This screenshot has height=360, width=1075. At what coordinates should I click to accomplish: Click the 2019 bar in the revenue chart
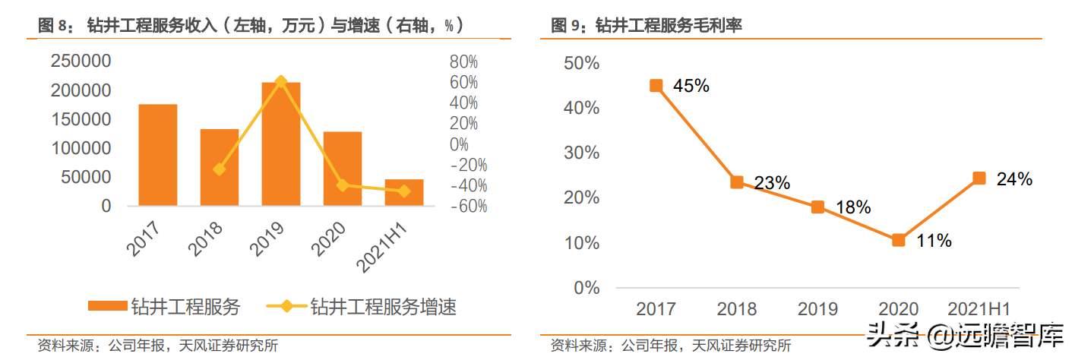[x=281, y=144]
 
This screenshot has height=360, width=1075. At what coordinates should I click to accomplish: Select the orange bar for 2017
[x=157, y=155]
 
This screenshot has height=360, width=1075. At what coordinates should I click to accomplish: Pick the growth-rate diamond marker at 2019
[x=281, y=81]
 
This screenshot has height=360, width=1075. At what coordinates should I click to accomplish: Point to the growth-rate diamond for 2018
[x=220, y=169]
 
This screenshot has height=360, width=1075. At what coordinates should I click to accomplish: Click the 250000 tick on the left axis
[x=81, y=62]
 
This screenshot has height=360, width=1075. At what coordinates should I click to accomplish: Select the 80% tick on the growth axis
[x=463, y=62]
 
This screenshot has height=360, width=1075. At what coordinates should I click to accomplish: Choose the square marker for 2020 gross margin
[x=899, y=240]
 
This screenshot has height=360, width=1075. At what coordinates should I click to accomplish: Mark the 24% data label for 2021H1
[x=1013, y=179]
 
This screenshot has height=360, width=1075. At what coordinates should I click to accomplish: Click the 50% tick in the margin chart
[x=583, y=63]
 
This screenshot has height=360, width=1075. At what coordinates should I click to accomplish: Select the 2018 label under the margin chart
[x=737, y=309]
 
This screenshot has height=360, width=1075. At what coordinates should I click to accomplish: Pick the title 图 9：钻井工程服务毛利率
[x=647, y=26]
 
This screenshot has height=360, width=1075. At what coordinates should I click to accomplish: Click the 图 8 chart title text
[x=251, y=26]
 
